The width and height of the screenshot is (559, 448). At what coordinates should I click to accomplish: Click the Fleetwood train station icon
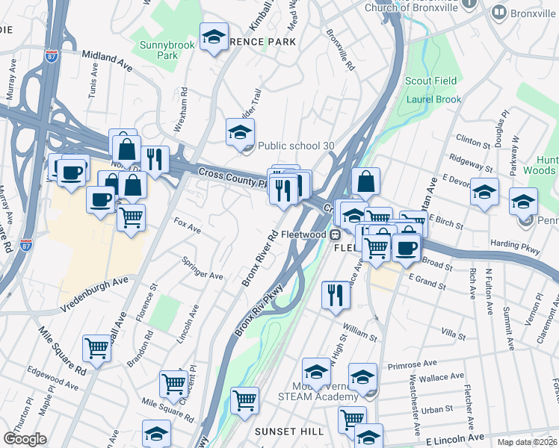tap(336, 235)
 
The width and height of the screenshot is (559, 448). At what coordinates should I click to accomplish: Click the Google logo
tap(25, 439)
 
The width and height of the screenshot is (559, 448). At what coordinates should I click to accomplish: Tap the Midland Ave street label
tap(107, 61)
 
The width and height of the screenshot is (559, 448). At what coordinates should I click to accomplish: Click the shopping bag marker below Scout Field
tap(365, 181)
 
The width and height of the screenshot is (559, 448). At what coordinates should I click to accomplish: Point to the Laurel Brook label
tap(434, 99)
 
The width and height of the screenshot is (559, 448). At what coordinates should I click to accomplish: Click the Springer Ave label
tap(203, 269)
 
